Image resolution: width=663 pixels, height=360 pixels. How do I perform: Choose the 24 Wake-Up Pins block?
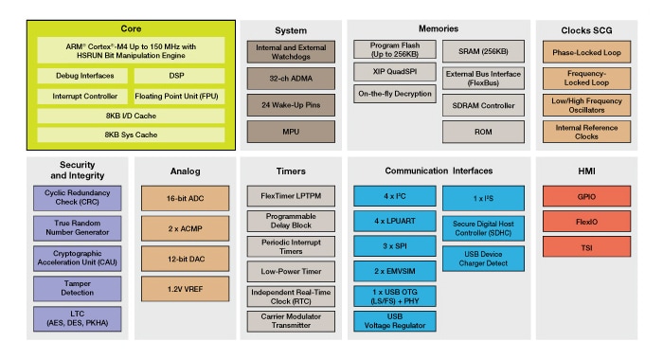click(286, 104)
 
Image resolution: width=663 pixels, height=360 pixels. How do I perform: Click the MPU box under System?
click(286, 131)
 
